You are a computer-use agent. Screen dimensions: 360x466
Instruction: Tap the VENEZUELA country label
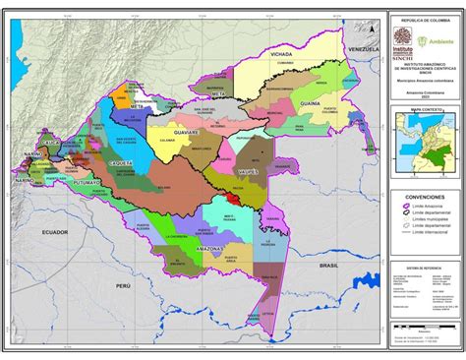coord(364,48)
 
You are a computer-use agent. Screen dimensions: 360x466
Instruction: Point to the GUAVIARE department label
coord(185,131)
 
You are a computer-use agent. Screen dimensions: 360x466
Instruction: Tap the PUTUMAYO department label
coord(87,183)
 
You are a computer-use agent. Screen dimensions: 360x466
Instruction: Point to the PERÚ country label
coord(123,284)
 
